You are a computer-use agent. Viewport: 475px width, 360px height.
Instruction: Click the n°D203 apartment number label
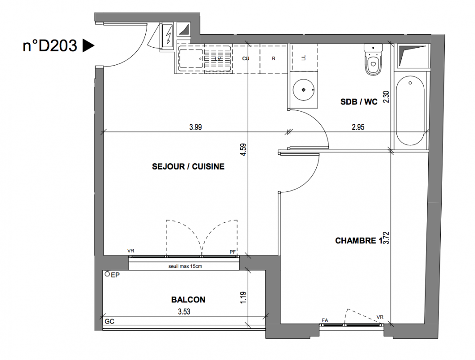tap(50, 46)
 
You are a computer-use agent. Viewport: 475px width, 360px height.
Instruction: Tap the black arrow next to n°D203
tap(88, 46)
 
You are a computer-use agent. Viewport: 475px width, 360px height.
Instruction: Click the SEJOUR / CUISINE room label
tap(188, 166)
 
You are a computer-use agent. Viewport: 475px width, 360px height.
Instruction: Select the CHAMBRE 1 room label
tap(358, 241)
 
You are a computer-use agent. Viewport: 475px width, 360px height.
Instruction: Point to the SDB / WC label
tap(359, 102)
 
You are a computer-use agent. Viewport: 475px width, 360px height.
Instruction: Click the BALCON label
tap(188, 300)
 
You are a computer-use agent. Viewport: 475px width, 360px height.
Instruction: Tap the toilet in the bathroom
tap(373, 59)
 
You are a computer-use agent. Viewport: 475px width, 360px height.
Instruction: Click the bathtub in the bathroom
tap(410, 111)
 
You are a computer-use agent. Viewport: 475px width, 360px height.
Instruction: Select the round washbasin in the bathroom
tap(304, 90)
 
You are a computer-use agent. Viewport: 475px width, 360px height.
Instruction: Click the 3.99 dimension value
tap(195, 127)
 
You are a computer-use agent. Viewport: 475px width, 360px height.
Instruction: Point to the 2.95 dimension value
tap(358, 127)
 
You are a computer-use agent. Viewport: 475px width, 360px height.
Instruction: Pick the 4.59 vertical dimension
tap(243, 149)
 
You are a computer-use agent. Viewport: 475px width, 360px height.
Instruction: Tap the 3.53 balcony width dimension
tap(184, 311)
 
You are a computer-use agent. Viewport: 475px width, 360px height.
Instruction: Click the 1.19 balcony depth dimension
tap(243, 297)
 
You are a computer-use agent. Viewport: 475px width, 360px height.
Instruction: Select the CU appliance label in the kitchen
tap(246, 58)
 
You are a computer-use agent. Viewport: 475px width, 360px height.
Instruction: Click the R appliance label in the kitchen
tap(273, 58)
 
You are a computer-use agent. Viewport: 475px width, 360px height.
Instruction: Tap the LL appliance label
tap(304, 58)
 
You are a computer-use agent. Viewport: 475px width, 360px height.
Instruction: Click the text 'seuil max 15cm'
tap(185, 266)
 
